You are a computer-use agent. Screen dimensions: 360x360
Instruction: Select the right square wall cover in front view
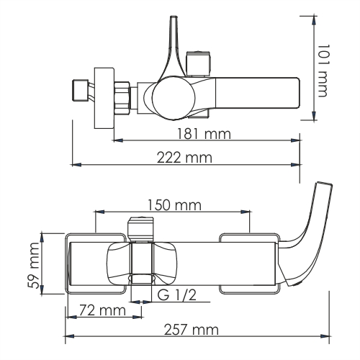click(x=248, y=264)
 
